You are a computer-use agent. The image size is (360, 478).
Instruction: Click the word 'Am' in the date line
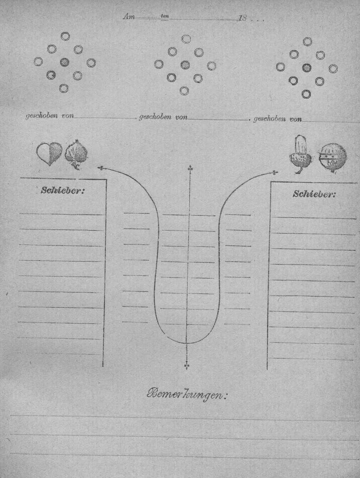coord(129,17)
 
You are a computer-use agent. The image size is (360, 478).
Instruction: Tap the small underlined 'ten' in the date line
coord(165,16)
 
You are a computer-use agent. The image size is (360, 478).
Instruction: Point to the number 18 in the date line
coord(242,18)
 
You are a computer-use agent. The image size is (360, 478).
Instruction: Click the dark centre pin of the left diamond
coord(64,62)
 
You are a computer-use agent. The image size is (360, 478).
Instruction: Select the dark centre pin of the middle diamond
coord(185,65)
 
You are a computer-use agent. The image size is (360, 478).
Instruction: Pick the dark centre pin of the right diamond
coord(307,68)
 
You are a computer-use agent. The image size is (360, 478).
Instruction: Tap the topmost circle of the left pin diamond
coord(65,36)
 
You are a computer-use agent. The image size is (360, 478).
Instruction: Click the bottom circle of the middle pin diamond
coord(184,91)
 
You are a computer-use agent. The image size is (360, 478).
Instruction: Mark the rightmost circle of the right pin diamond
coord(333,69)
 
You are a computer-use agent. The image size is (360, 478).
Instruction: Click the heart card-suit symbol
coord(49,154)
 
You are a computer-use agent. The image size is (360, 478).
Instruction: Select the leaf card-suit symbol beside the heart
coord(76,155)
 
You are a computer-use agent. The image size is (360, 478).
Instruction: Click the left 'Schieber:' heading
coord(63,190)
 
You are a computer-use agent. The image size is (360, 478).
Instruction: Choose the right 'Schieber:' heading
coord(314,194)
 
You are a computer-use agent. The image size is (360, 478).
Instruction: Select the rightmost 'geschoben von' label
coord(278,119)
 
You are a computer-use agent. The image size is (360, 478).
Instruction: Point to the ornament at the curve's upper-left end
coord(100,168)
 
